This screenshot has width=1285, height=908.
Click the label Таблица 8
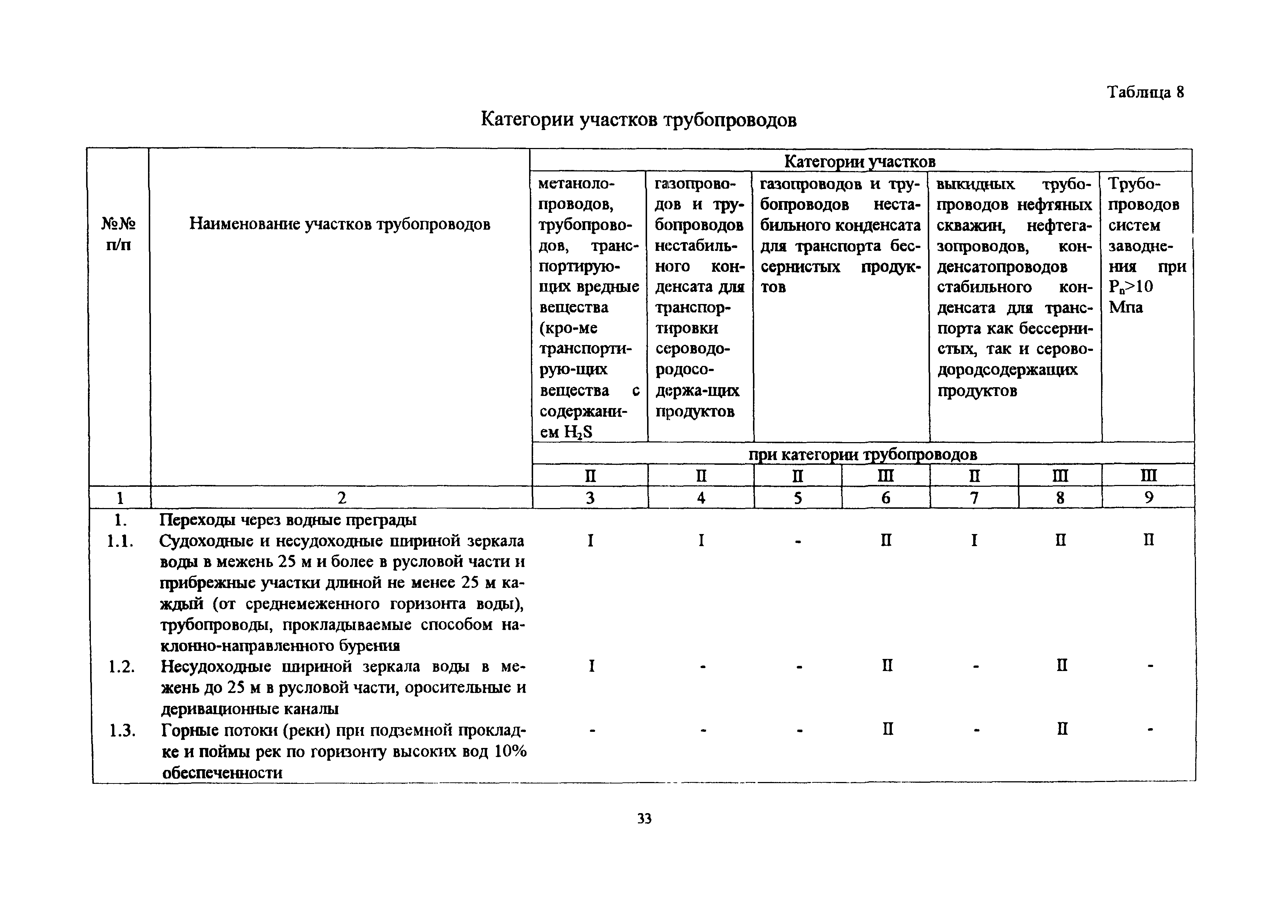coord(1145,92)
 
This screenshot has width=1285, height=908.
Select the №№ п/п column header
coord(119,234)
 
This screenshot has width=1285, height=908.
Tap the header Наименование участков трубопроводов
coord(340,224)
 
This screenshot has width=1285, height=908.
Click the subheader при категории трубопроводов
coord(863,454)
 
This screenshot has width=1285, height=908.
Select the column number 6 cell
coord(885,498)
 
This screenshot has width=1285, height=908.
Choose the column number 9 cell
coord(1148,498)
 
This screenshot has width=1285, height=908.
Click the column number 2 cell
coord(341,498)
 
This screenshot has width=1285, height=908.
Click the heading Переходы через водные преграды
coord(288,520)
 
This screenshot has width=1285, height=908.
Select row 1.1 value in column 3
coord(590,540)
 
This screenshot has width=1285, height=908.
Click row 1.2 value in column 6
coord(887,666)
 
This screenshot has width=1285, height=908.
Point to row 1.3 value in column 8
coord(1062,729)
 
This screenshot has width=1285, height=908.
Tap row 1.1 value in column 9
coord(1148,540)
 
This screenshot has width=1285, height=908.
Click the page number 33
coord(644,819)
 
